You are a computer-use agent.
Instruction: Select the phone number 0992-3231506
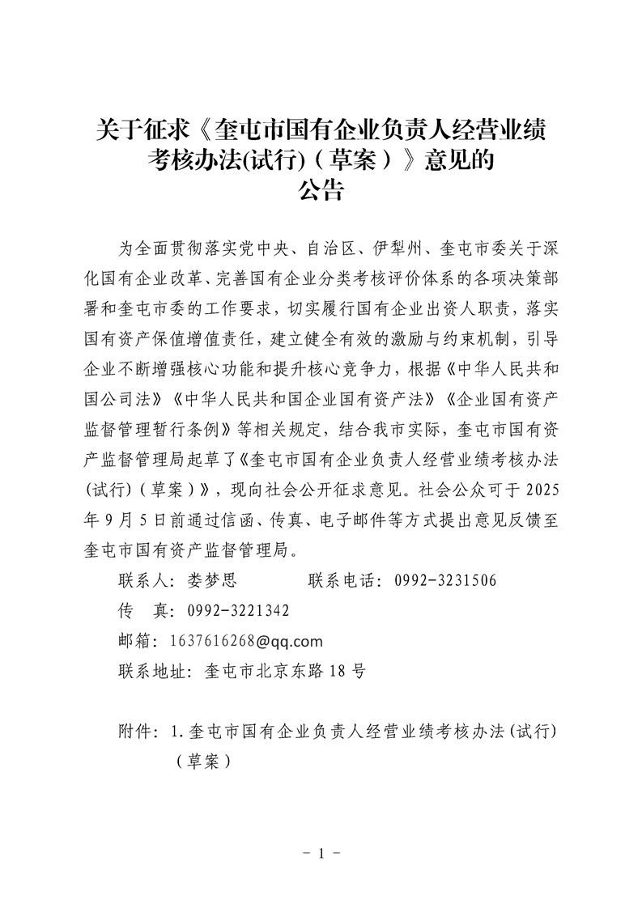[x=445, y=580]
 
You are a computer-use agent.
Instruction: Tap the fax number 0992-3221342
[x=239, y=610]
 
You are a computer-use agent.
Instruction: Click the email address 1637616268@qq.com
[x=247, y=641]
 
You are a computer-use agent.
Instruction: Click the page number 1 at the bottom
[x=321, y=854]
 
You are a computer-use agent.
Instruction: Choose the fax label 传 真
[x=137, y=610]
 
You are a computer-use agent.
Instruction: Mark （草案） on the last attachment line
[x=202, y=762]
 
